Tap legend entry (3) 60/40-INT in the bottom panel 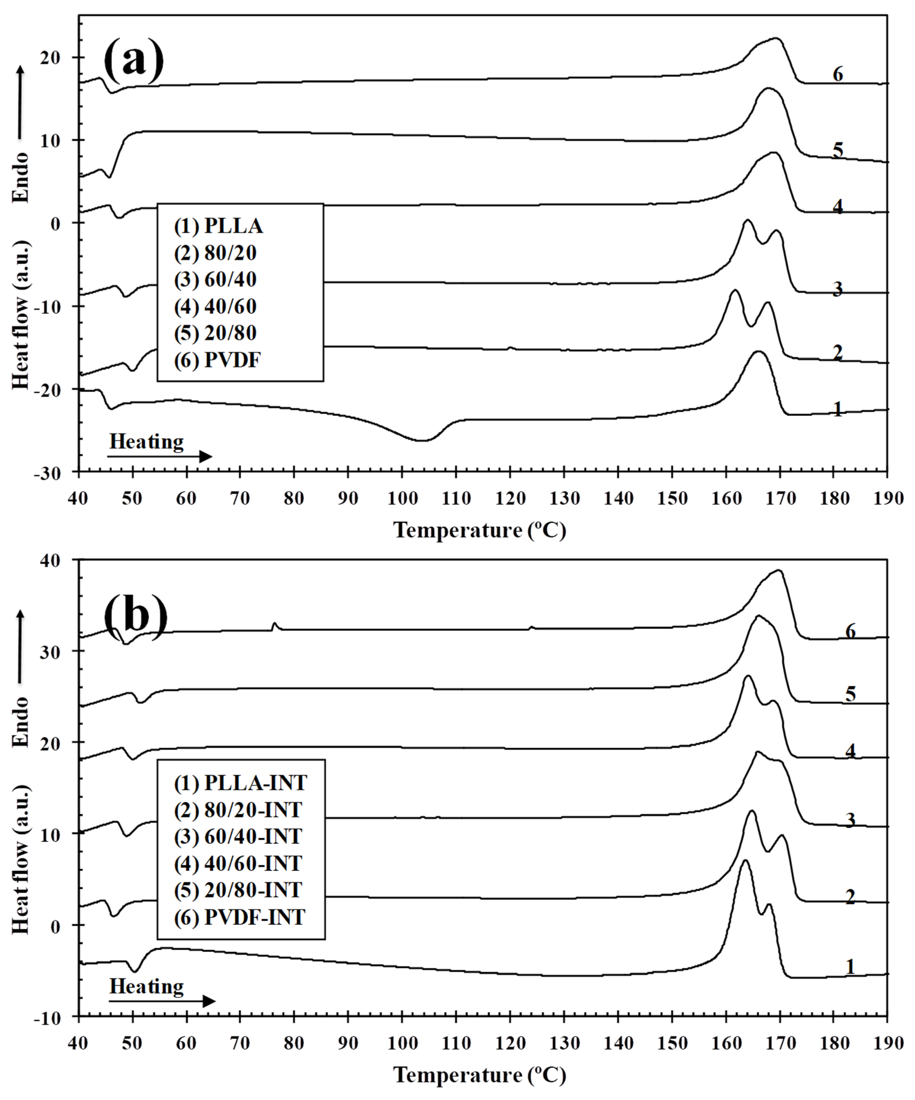pos(238,837)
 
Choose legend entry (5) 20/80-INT pos(238,890)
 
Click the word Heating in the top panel pos(147,441)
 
